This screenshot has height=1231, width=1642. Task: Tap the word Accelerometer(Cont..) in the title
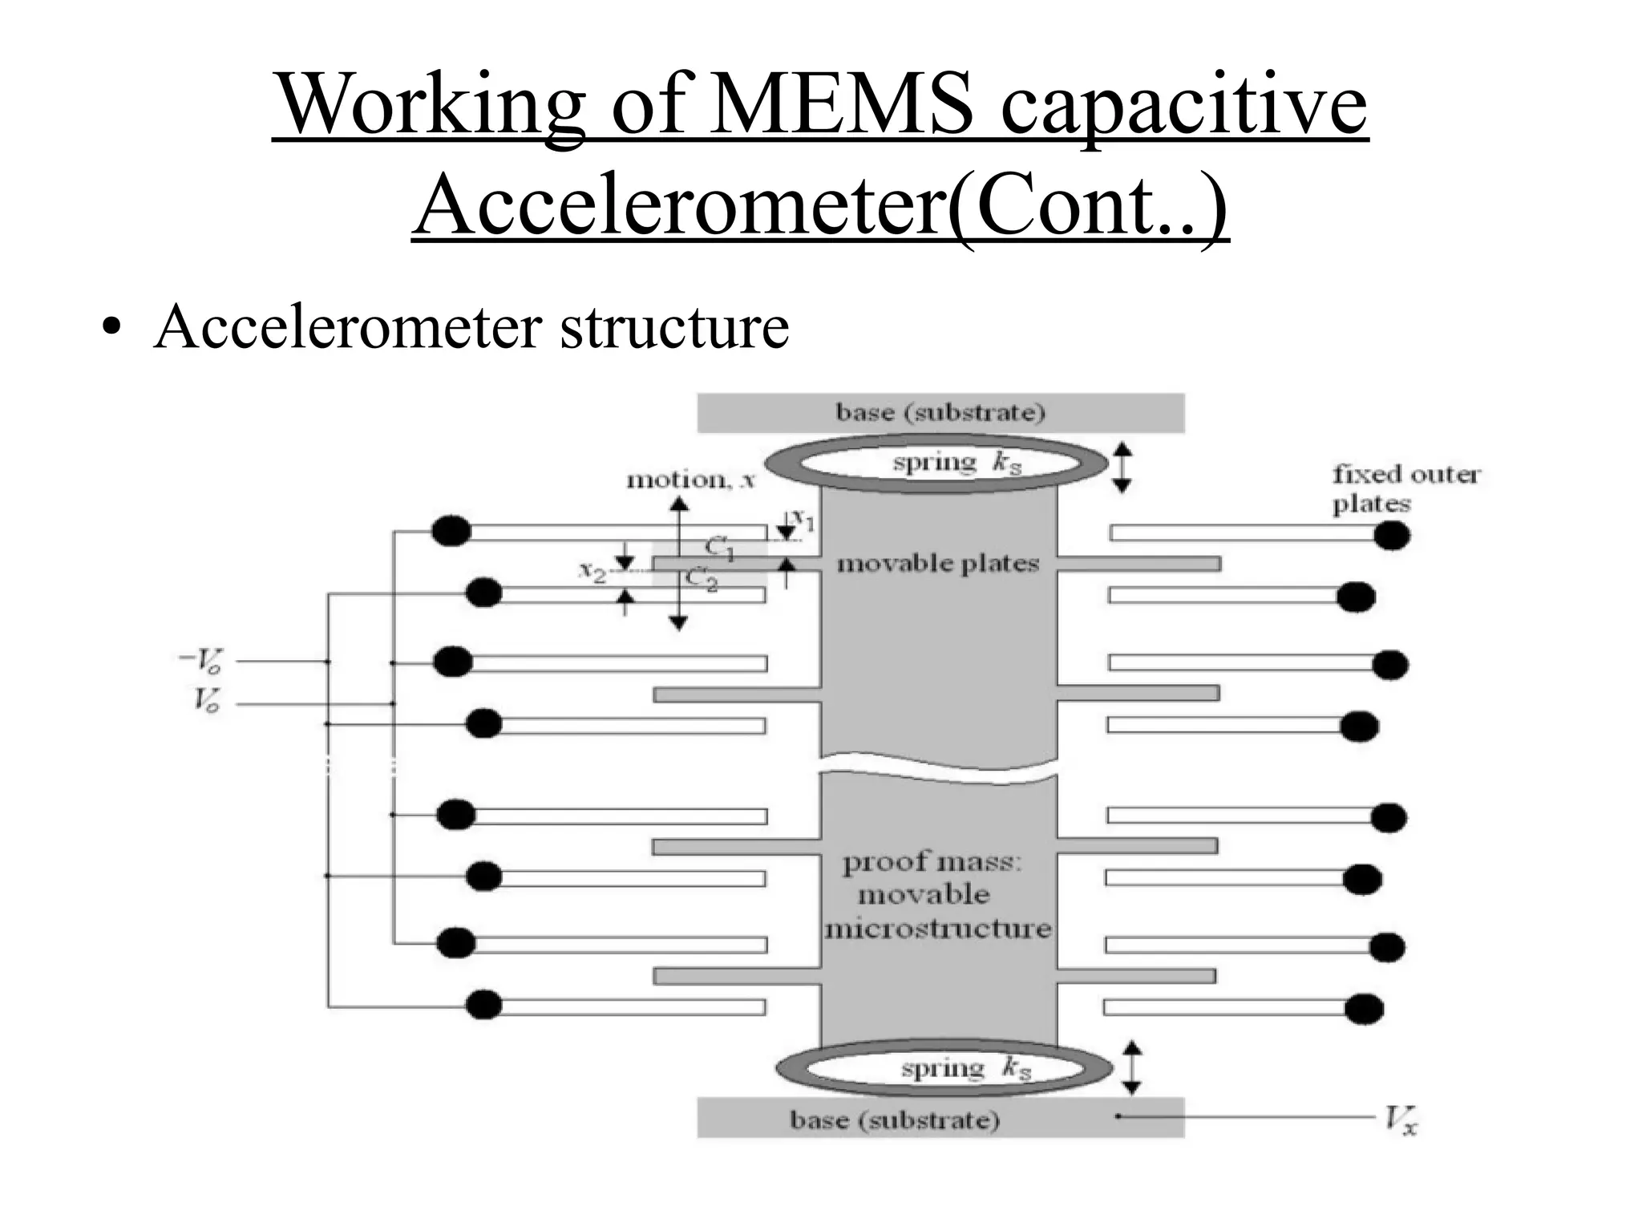pyautogui.click(x=820, y=204)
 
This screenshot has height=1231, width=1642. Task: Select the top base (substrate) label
pyautogui.click(x=940, y=413)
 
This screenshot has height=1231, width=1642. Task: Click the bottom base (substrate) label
pyautogui.click(x=895, y=1120)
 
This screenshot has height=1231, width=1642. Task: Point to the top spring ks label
pyautogui.click(x=956, y=463)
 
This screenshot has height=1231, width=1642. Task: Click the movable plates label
pyautogui.click(x=937, y=564)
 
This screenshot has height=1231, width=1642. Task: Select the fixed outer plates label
pyautogui.click(x=1405, y=488)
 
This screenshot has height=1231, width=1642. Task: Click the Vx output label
pyautogui.click(x=1401, y=1120)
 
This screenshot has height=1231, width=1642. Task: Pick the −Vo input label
pyautogui.click(x=200, y=662)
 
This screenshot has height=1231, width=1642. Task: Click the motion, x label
pyautogui.click(x=690, y=480)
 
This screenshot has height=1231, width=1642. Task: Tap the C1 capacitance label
pyautogui.click(x=719, y=549)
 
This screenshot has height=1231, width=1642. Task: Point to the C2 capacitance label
pyautogui.click(x=702, y=579)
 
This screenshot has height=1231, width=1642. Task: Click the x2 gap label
pyautogui.click(x=592, y=572)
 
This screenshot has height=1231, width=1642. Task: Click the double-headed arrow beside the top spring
pyautogui.click(x=1122, y=468)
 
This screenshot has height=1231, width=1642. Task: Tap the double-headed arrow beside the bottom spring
pyautogui.click(x=1130, y=1067)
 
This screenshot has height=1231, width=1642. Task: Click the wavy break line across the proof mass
pyautogui.click(x=938, y=765)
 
